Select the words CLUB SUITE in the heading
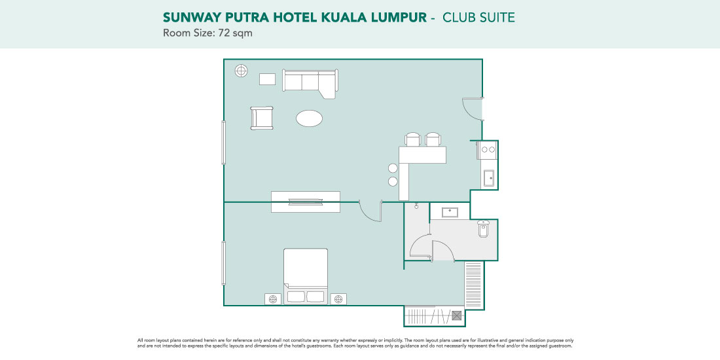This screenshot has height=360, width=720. tap(478, 18)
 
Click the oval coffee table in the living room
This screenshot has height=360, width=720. tap(309, 118)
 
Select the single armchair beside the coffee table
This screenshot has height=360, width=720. tap(262, 118)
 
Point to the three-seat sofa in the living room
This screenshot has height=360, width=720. tap(310, 83)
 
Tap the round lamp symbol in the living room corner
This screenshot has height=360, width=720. tap(241, 71)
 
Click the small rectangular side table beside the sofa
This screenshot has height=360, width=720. tap(267, 79)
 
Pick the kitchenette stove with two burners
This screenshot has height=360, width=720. tap(488, 150)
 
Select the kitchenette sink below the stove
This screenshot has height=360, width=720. tap(488, 178)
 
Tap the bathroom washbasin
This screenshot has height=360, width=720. tap(450, 212)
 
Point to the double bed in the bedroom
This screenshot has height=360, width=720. tap(306, 276)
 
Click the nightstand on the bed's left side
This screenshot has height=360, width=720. tap(273, 299)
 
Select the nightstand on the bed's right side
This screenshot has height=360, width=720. tap(338, 299)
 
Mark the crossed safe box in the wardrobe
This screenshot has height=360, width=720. tap(457, 315)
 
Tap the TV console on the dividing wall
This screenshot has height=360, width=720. tap(306, 202)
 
